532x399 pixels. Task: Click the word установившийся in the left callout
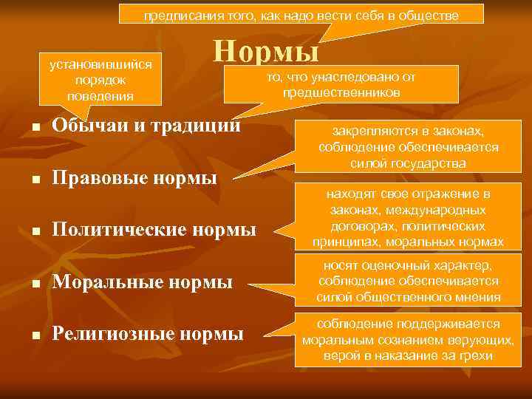[100, 64]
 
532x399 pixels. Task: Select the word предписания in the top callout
[175, 16]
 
